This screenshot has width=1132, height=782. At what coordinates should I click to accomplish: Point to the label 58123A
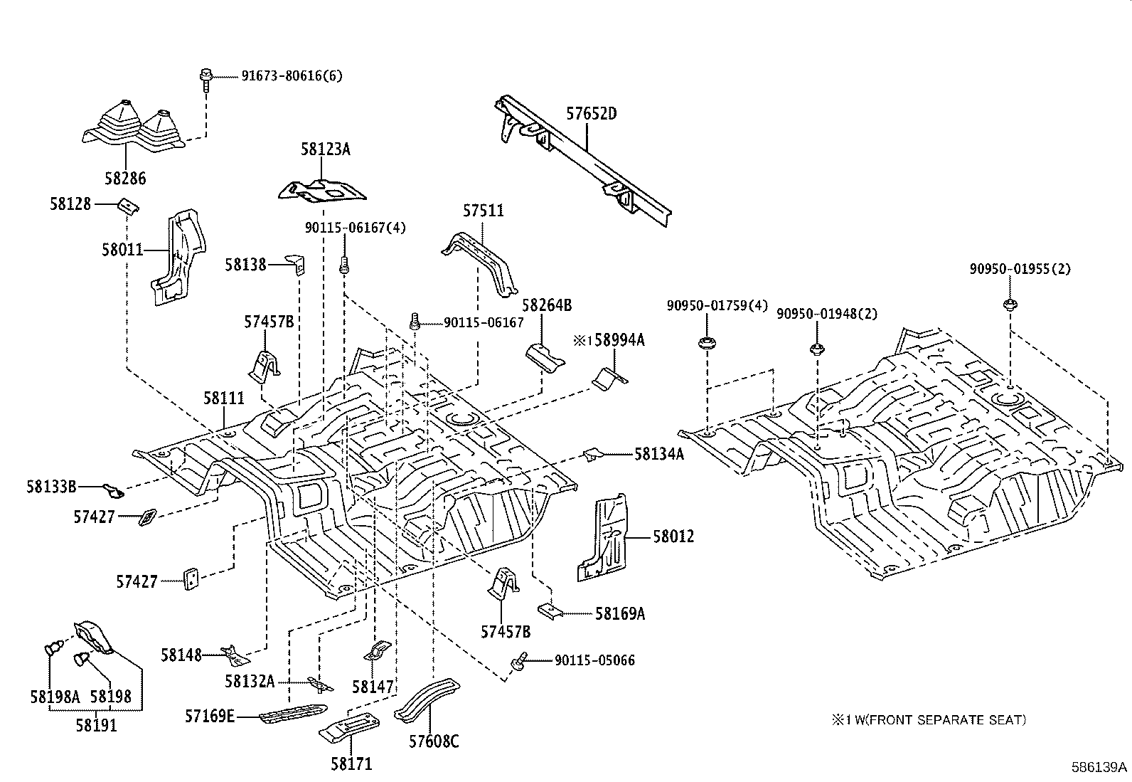pyautogui.click(x=325, y=149)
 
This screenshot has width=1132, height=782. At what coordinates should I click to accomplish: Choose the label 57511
pyautogui.click(x=483, y=211)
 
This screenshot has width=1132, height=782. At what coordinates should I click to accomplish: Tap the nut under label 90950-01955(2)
pyautogui.click(x=1009, y=305)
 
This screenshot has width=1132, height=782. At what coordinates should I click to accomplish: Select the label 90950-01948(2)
pyautogui.click(x=826, y=314)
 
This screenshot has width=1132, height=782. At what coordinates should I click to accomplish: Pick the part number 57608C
pyautogui.click(x=433, y=741)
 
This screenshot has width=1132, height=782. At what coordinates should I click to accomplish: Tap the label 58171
pyautogui.click(x=351, y=763)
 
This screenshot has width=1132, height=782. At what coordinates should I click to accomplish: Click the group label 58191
pyautogui.click(x=96, y=725)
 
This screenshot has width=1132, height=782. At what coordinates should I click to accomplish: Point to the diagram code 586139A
pyautogui.click(x=1099, y=767)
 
